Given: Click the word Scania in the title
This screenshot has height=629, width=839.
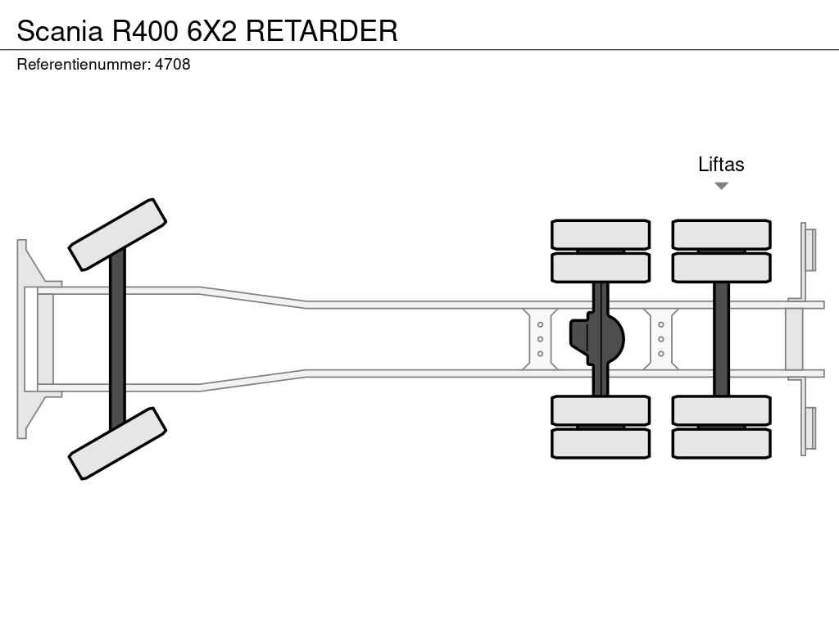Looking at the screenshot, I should tap(60, 31).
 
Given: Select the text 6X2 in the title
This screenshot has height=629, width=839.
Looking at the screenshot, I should tap(212, 31).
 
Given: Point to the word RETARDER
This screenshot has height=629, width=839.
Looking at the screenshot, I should tap(321, 31).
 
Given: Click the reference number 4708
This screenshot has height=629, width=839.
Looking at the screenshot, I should tap(172, 64).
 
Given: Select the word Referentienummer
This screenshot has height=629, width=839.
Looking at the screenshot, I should tap(83, 64).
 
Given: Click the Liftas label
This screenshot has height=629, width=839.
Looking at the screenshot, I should tap(721, 164).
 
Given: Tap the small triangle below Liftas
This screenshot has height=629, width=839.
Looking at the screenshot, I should tap(721, 186).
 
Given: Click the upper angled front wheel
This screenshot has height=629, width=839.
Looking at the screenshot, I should tap(117, 234).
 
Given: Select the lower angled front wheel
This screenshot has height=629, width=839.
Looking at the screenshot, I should tap(117, 443).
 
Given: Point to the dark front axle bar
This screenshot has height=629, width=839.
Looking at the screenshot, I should tap(117, 338).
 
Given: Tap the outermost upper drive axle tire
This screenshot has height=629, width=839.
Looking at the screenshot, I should tap(601, 234).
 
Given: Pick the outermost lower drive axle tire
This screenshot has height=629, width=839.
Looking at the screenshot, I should tap(601, 443).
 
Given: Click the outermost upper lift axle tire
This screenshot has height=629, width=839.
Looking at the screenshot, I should tap(721, 234).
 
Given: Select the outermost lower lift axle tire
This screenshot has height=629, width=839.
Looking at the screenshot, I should tap(721, 443).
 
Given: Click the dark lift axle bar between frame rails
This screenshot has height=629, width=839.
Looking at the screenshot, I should tap(721, 338).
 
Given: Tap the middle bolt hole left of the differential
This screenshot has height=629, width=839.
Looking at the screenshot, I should tap(541, 339).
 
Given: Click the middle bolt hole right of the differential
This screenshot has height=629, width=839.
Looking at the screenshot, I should tap(661, 339).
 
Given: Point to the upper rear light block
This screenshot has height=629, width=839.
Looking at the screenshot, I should tap(810, 249).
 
